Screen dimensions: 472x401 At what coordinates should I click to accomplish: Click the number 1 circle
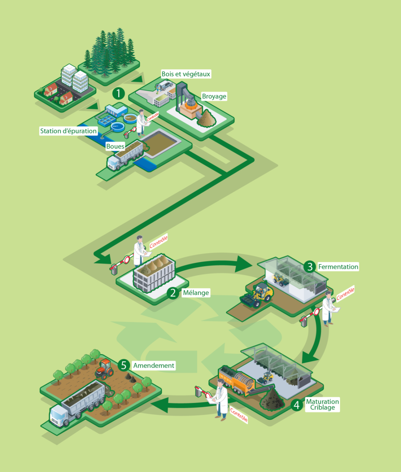118,93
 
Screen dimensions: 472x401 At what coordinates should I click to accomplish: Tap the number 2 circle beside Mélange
173,293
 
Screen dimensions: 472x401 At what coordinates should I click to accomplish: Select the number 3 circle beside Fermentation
310,267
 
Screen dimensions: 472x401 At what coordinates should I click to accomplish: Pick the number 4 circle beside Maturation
296,405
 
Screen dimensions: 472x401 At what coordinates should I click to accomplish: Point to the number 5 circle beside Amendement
123,365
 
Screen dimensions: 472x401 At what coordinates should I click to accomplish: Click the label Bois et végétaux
186,74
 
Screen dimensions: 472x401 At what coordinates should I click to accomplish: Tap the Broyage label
214,96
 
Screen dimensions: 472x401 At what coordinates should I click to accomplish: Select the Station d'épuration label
68,131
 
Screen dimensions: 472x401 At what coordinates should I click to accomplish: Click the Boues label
115,146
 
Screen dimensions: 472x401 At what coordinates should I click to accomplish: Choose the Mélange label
196,293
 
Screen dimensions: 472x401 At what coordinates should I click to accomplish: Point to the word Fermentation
338,267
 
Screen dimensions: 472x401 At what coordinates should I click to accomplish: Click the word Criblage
323,408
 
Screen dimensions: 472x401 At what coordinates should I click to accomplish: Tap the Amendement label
154,366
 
